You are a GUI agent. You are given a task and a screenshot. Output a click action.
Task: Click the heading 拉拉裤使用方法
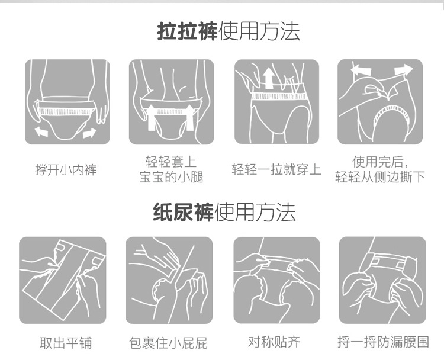click(229, 31)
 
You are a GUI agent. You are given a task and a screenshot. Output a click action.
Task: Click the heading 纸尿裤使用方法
click(224, 212)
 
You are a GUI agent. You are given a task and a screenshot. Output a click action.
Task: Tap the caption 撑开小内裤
click(66, 170)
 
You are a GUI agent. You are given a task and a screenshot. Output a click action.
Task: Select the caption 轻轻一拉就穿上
click(276, 169)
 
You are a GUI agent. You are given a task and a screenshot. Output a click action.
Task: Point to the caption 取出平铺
click(66, 342)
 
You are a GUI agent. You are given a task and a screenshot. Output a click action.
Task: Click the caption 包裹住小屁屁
click(168, 342)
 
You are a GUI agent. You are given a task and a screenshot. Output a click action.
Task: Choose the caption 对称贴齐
click(274, 342)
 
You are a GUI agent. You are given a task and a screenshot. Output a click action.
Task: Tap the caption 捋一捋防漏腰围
click(383, 342)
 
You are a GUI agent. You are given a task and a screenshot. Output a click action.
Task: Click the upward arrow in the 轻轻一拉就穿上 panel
click(268, 79)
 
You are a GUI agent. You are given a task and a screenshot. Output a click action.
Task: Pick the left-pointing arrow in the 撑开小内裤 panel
click(41, 131)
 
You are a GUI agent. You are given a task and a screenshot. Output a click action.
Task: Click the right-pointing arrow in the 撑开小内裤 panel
click(89, 133)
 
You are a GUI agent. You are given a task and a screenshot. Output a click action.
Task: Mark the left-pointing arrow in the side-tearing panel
click(361, 70)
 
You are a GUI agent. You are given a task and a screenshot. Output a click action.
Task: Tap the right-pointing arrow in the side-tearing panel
click(404, 70)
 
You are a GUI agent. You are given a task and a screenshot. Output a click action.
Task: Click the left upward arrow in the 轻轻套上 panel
click(152, 118)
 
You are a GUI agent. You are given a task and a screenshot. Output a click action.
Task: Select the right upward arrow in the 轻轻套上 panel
click(189, 118)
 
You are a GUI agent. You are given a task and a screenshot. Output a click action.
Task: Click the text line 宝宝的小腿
click(171, 177)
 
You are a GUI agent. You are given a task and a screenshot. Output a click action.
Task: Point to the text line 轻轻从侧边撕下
click(380, 176)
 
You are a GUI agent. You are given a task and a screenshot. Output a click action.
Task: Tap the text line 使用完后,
click(380, 162)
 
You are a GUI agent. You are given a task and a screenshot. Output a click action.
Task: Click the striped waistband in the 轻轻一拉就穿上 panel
click(279, 97)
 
